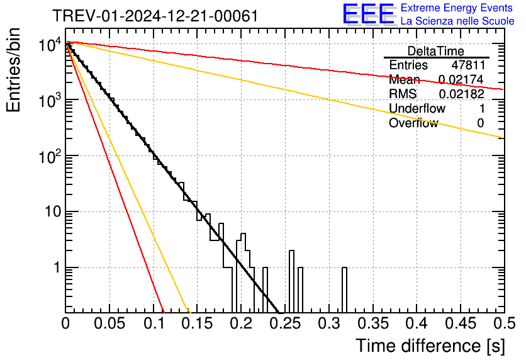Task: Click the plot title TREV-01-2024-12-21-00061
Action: click(x=155, y=16)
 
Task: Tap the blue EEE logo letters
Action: click(x=368, y=14)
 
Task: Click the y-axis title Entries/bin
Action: click(x=13, y=70)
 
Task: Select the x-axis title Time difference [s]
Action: click(x=430, y=346)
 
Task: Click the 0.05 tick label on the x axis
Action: click(x=109, y=323)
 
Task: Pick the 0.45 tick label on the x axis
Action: click(x=461, y=323)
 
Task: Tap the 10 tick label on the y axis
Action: click(x=53, y=212)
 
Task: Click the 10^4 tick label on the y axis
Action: click(x=50, y=44)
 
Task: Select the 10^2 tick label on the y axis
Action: click(x=50, y=156)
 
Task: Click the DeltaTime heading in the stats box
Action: click(x=436, y=51)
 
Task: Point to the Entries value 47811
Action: click(x=468, y=65)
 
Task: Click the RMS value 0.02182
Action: click(x=462, y=94)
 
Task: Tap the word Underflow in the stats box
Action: click(x=417, y=108)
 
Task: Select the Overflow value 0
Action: click(x=480, y=123)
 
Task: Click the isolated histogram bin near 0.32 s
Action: click(x=345, y=290)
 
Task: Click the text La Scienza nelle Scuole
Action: click(x=457, y=21)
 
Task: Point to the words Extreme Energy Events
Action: click(x=457, y=8)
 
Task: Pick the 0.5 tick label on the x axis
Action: click(x=504, y=323)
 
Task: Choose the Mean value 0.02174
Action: click(x=461, y=79)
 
